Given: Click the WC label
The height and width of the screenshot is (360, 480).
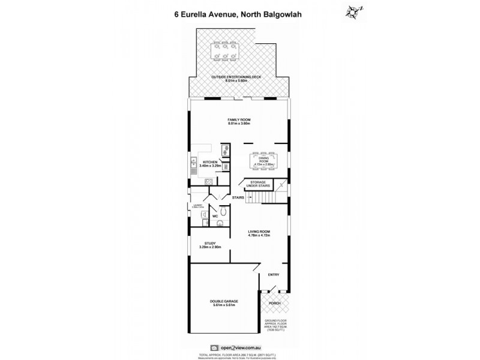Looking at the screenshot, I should [x=215, y=217].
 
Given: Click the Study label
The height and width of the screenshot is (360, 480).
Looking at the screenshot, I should [x=209, y=245].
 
